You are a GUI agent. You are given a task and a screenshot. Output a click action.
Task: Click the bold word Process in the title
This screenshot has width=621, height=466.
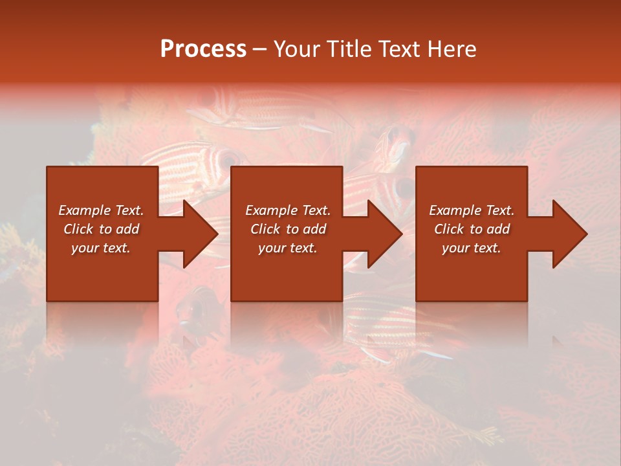coord(203,49)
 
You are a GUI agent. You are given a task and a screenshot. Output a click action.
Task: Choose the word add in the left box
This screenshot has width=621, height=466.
coord(128,229)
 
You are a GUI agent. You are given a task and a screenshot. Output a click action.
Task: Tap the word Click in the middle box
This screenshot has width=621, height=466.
coord(266,229)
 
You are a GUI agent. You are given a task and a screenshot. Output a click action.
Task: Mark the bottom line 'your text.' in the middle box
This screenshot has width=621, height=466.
coord(287,248)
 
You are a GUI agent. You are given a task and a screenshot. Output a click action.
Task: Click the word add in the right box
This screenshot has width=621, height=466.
coord(499,229)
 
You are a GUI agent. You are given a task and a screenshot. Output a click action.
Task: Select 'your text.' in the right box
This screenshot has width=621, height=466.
coord(471,248)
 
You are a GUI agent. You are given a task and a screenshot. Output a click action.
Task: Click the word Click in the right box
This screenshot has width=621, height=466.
coord(450,229)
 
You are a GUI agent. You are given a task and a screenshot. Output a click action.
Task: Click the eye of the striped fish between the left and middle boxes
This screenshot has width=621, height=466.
coord(228,157)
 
